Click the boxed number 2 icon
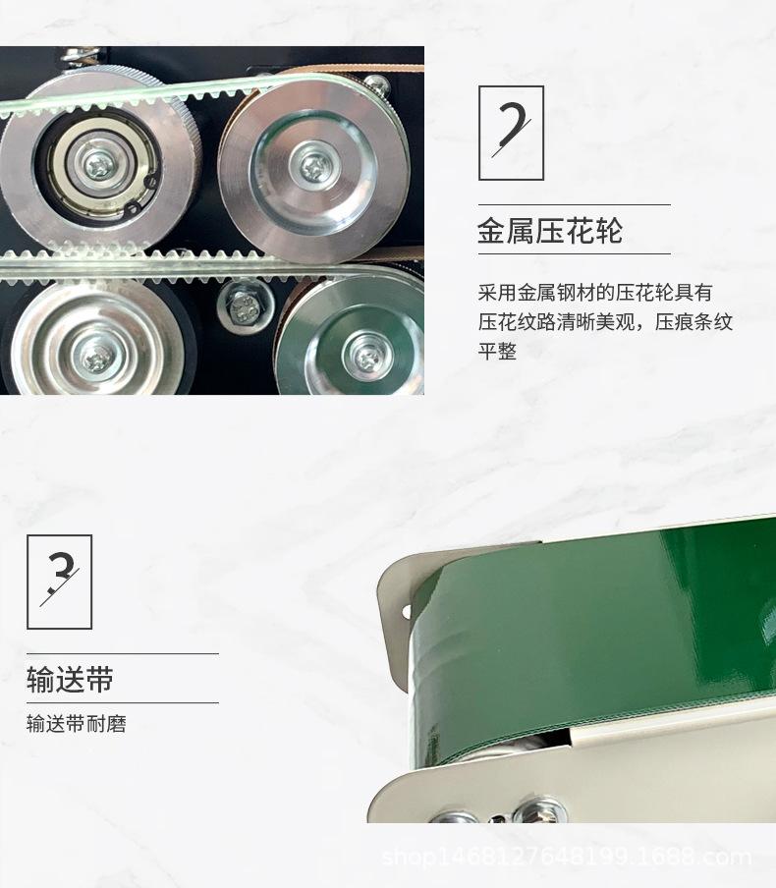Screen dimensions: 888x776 tap(511, 133)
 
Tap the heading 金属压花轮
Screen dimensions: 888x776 tap(550, 232)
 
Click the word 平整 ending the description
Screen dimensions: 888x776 tap(497, 352)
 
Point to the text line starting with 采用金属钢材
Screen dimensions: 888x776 tap(595, 293)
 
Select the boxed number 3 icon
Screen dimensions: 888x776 tap(59, 582)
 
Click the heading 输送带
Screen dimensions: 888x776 tap(70, 679)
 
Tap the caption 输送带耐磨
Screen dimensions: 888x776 tap(77, 725)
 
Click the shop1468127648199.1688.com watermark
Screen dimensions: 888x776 tap(566, 858)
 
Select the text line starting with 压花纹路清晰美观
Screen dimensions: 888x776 tap(605, 322)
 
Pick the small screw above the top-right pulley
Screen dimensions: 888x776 tap(374, 84)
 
